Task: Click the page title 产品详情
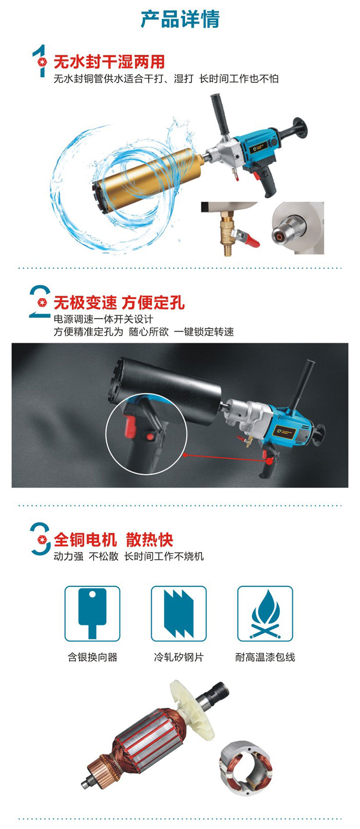pyautogui.click(x=180, y=19)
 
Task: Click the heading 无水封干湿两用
pyautogui.click(x=109, y=62)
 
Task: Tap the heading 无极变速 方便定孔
pyautogui.click(x=119, y=302)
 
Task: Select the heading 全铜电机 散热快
pyautogui.click(x=113, y=539)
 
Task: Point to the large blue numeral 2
pyautogui.click(x=39, y=301)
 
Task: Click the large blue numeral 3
pyautogui.click(x=40, y=539)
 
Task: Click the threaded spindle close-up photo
pyautogui.click(x=297, y=228)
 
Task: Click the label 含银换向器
pyautogui.click(x=93, y=657)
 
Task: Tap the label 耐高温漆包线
pyautogui.click(x=265, y=657)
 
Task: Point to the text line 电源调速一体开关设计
pyautogui.click(x=103, y=319)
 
